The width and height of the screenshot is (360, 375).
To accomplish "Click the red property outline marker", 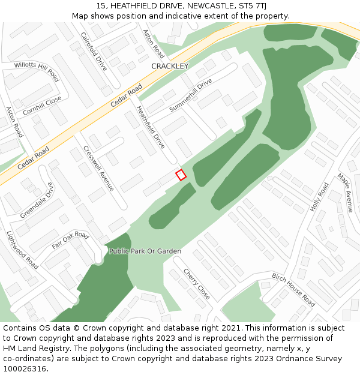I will point(181,175).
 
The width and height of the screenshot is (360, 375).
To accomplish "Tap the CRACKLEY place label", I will point(170,66).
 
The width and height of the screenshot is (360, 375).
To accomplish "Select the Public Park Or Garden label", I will point(145,251).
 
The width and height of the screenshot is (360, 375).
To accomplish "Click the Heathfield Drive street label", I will point(151,127).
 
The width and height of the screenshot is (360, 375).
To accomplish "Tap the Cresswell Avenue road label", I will point(98,169).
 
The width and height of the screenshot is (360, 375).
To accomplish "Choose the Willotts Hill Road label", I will point(37,71).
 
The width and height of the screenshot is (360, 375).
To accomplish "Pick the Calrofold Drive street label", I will point(94,51).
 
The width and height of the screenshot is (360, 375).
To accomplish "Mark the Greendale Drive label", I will point(37,200).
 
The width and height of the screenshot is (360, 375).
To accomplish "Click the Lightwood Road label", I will point(22,250).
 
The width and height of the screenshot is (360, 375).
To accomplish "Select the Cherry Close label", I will point(196,284).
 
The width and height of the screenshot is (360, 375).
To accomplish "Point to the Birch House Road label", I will point(293,290).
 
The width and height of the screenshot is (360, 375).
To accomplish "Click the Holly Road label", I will point(319,197).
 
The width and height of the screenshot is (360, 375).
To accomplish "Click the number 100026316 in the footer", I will point(23,368).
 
